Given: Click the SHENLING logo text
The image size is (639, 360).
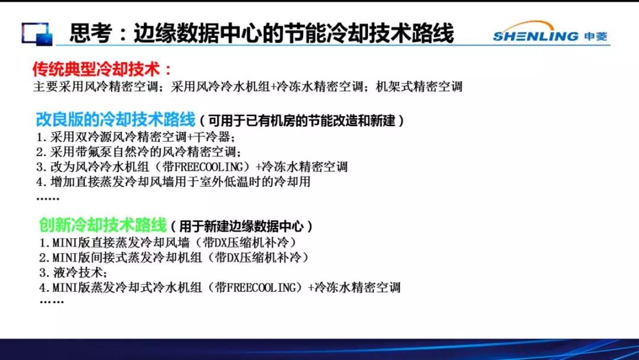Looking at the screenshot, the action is (535, 36).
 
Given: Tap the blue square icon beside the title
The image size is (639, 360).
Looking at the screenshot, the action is (37, 34).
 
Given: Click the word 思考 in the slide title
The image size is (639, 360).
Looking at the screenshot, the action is (91, 33).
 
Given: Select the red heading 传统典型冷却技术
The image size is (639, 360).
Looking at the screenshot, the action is (96, 69).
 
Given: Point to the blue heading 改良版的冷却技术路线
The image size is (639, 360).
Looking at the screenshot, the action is (116, 120).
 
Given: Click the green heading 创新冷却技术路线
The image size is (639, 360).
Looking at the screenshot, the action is (103, 225).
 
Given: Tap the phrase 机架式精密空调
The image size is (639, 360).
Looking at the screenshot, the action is (419, 86).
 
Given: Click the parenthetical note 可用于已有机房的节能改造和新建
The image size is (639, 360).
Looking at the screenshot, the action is (302, 121).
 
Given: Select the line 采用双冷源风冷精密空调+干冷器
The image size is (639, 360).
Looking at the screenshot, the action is (135, 137).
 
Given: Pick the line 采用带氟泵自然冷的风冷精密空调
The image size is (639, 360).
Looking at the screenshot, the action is (138, 152).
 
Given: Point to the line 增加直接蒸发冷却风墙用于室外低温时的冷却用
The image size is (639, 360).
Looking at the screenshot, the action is (173, 181).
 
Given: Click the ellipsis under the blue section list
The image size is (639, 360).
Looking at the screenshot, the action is (48, 198).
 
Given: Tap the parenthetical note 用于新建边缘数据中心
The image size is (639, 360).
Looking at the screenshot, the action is (241, 226).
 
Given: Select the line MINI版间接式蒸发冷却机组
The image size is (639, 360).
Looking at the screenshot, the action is (174, 258).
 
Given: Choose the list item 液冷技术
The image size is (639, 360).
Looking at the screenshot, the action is (73, 272).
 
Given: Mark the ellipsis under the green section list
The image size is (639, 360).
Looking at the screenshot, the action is (51, 302).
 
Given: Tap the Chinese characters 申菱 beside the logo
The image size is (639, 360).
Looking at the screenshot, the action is (595, 37).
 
